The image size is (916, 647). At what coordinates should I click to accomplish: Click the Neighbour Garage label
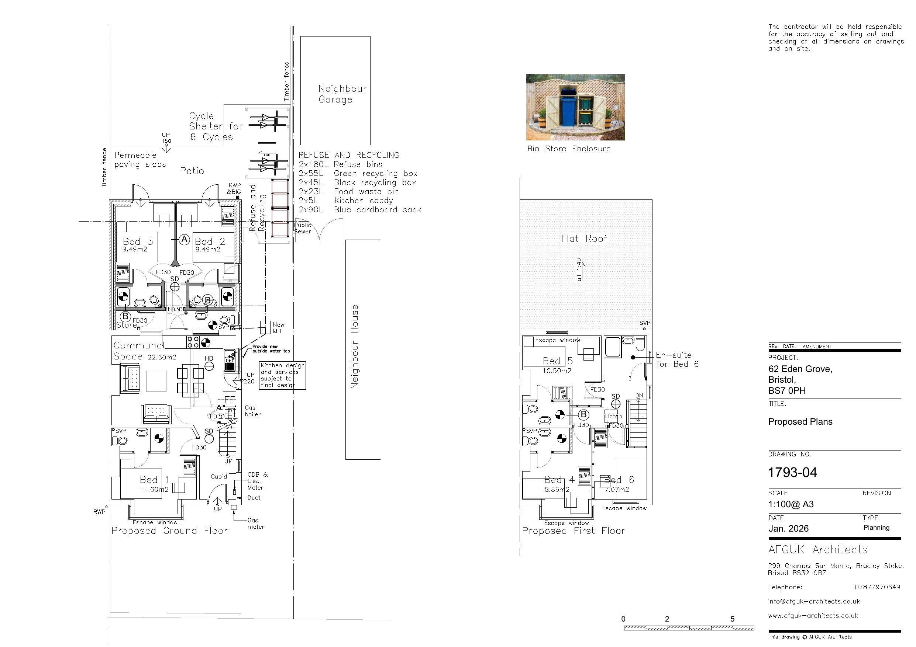342,94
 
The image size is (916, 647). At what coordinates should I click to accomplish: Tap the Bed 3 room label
138,241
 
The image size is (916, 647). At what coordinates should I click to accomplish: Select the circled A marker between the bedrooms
184,240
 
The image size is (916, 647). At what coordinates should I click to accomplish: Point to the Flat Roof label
584,239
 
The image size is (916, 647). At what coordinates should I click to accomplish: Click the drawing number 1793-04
792,473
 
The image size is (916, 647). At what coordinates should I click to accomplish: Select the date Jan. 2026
788,529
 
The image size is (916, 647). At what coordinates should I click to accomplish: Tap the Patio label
192,171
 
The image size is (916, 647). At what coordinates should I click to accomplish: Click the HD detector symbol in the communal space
209,366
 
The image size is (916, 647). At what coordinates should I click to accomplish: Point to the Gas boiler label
252,411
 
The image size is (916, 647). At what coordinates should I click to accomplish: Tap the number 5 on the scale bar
732,619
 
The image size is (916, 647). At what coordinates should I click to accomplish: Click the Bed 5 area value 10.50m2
557,371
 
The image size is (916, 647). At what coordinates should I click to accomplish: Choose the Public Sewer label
302,228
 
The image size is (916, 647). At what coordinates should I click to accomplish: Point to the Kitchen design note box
282,375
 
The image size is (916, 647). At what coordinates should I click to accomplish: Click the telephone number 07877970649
877,587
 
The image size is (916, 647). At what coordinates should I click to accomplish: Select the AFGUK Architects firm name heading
817,550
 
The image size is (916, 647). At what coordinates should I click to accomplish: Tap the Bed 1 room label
154,480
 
